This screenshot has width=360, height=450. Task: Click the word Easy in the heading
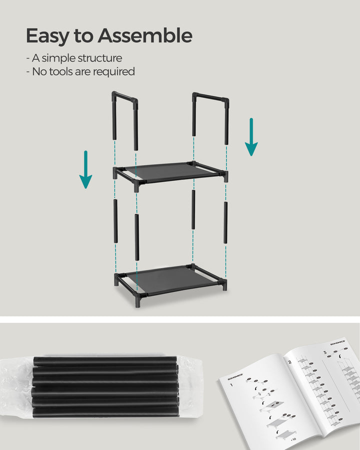coord(44,36)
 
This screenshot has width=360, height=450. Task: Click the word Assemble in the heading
coord(145,36)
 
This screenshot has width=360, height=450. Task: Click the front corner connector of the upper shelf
coord(136,184)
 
